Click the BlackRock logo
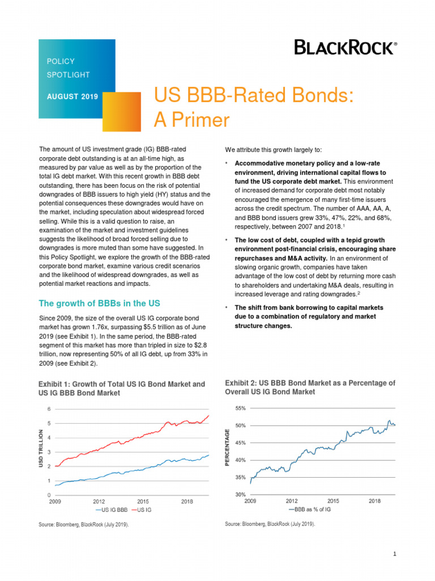point(345,48)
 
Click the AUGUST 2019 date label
point(72,96)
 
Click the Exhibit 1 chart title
point(121,389)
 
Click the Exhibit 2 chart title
point(310,388)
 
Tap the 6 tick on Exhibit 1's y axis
point(49,409)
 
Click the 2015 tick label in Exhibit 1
point(143,502)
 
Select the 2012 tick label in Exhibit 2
point(291,502)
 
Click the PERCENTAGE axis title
point(228,448)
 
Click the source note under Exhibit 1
point(83,525)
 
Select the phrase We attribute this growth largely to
point(273,150)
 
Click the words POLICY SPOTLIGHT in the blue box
point(68,68)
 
